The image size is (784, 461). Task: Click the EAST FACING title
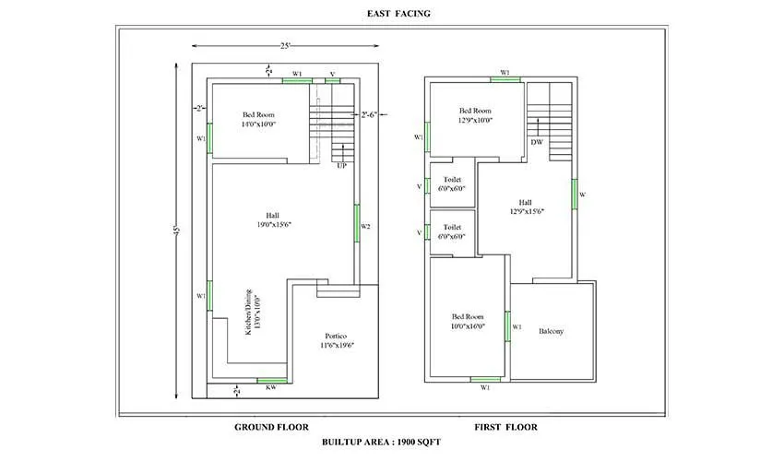(x=391, y=13)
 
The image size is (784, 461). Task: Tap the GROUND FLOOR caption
(x=271, y=427)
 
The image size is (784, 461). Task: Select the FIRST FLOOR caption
(x=505, y=427)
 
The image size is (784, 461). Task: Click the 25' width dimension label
(x=287, y=46)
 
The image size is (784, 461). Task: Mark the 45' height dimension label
(x=175, y=230)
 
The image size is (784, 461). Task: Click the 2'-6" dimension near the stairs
(x=370, y=114)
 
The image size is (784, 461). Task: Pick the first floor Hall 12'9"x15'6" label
(x=525, y=207)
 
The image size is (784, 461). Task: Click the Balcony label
(x=552, y=331)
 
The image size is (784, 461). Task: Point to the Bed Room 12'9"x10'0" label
(x=476, y=114)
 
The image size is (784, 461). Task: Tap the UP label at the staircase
(x=341, y=165)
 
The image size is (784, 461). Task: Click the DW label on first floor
(x=536, y=142)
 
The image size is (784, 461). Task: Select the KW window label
(x=270, y=388)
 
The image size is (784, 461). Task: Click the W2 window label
(x=365, y=227)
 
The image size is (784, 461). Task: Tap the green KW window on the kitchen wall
(x=270, y=379)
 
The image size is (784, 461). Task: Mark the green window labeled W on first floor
(x=573, y=195)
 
